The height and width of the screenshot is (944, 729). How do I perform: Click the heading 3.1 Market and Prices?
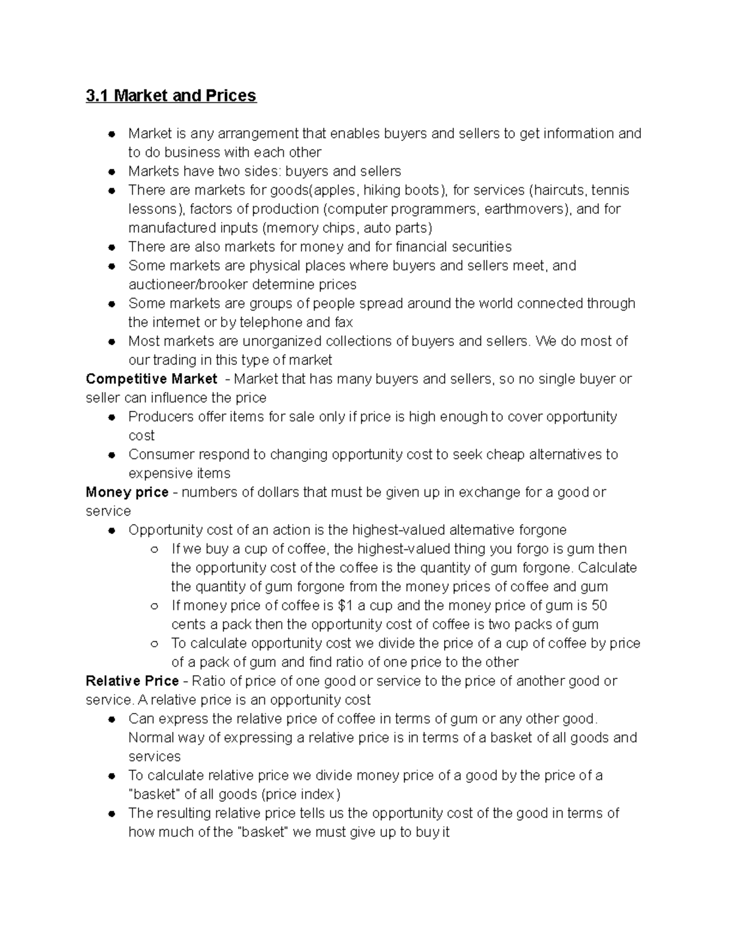[171, 96]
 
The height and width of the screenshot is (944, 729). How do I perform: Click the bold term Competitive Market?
[151, 379]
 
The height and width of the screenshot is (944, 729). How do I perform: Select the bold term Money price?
[127, 492]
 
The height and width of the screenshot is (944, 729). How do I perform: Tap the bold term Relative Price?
[132, 681]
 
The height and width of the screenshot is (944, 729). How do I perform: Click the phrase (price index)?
[301, 794]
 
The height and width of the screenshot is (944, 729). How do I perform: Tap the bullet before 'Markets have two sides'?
[112, 172]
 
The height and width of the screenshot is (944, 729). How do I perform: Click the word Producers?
[159, 417]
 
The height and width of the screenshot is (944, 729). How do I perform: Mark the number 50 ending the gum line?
[599, 605]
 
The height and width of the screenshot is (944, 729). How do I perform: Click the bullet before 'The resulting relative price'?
[112, 813]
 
